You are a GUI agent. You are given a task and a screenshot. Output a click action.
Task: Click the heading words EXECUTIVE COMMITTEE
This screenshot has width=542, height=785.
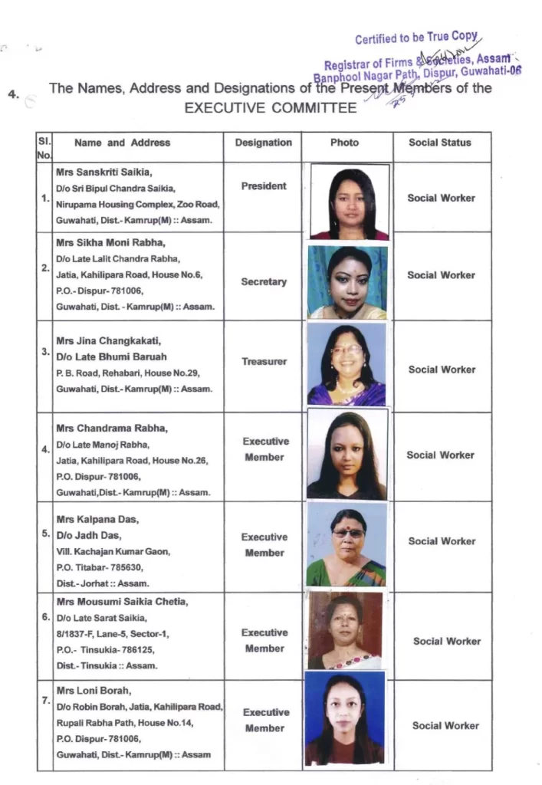[x=271, y=107]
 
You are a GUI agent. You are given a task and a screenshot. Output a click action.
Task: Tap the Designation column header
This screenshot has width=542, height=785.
[x=263, y=143]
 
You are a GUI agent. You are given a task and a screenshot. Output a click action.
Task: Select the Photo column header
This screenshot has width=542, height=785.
[x=344, y=143]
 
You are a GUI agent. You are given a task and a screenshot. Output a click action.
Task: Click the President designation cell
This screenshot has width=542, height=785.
[x=263, y=186]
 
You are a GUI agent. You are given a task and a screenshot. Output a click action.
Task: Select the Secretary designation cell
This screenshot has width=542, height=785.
[x=263, y=282]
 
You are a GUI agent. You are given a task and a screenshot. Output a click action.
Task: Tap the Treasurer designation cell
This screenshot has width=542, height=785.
[x=264, y=361]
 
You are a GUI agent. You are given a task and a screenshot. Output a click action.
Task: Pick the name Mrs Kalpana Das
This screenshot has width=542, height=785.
[x=92, y=519]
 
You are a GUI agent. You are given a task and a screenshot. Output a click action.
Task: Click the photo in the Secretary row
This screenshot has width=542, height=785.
[x=347, y=282]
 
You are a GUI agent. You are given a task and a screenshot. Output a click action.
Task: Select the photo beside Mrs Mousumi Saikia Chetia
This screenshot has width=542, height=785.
[x=345, y=630]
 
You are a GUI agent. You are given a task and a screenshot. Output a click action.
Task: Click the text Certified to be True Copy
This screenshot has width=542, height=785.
[x=417, y=39]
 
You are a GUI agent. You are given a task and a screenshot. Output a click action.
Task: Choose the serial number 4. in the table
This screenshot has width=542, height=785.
[x=46, y=449]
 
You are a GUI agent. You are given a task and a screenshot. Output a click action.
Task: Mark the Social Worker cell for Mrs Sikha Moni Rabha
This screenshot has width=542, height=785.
[x=441, y=275]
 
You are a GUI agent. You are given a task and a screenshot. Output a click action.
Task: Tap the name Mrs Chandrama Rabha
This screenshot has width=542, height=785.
[x=102, y=429]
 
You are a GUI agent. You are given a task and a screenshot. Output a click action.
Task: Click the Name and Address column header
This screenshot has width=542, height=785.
[x=123, y=143]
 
